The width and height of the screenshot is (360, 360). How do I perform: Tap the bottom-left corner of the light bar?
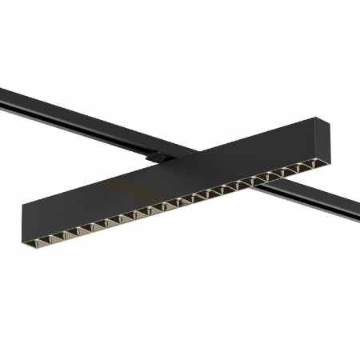pos(23,232)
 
